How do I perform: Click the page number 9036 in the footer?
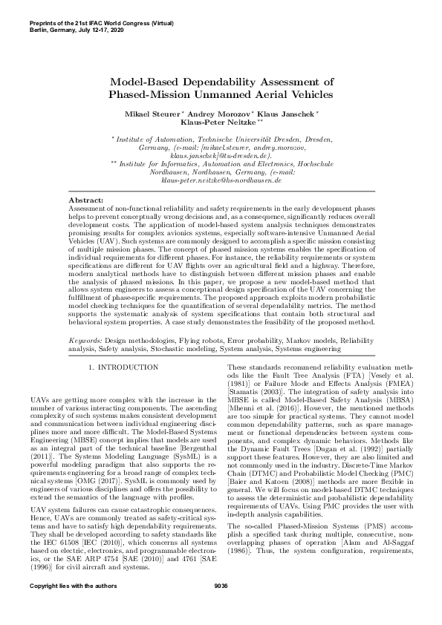[221, 607]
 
